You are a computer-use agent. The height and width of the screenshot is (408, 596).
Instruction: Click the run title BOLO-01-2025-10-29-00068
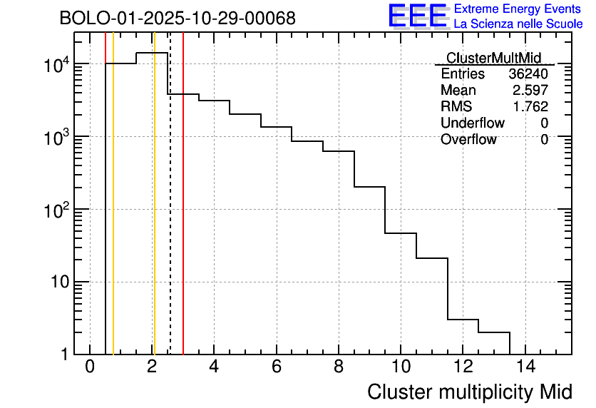pyautogui.click(x=177, y=19)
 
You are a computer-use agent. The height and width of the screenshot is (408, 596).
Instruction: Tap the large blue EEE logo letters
pyautogui.click(x=418, y=16)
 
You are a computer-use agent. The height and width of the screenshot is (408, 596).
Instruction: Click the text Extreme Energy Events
pyautogui.click(x=518, y=9)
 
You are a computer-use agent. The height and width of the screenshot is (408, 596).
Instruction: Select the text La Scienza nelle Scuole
pyautogui.click(x=518, y=24)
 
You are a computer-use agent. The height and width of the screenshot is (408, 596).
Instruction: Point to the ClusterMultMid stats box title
pyautogui.click(x=493, y=58)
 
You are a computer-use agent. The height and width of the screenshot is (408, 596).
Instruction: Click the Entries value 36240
pyautogui.click(x=528, y=74)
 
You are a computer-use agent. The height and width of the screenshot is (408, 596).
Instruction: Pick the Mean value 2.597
pyautogui.click(x=530, y=91)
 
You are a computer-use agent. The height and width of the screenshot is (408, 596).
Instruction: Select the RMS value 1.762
pyautogui.click(x=530, y=107)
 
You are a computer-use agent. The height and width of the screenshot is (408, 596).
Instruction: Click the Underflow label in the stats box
pyautogui.click(x=472, y=123)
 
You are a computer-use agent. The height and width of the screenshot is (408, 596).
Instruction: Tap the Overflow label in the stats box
pyautogui.click(x=468, y=140)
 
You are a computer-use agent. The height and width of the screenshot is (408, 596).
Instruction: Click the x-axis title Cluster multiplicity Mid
pyautogui.click(x=469, y=392)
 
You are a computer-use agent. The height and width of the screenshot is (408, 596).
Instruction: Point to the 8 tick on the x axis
pyautogui.click(x=339, y=367)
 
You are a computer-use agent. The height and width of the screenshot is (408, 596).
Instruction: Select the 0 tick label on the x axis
pyautogui.click(x=90, y=367)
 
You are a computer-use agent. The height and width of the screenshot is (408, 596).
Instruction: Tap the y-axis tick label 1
pyautogui.click(x=63, y=355)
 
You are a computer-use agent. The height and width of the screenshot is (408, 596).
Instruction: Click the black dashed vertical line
pyautogui.click(x=170, y=214)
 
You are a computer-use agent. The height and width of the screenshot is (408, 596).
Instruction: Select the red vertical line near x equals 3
pyautogui.click(x=183, y=214)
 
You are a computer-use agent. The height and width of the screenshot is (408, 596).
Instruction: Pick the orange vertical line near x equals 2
pyautogui.click(x=154, y=214)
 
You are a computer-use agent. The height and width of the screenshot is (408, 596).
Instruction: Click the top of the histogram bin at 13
pyautogui.click(x=494, y=332)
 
